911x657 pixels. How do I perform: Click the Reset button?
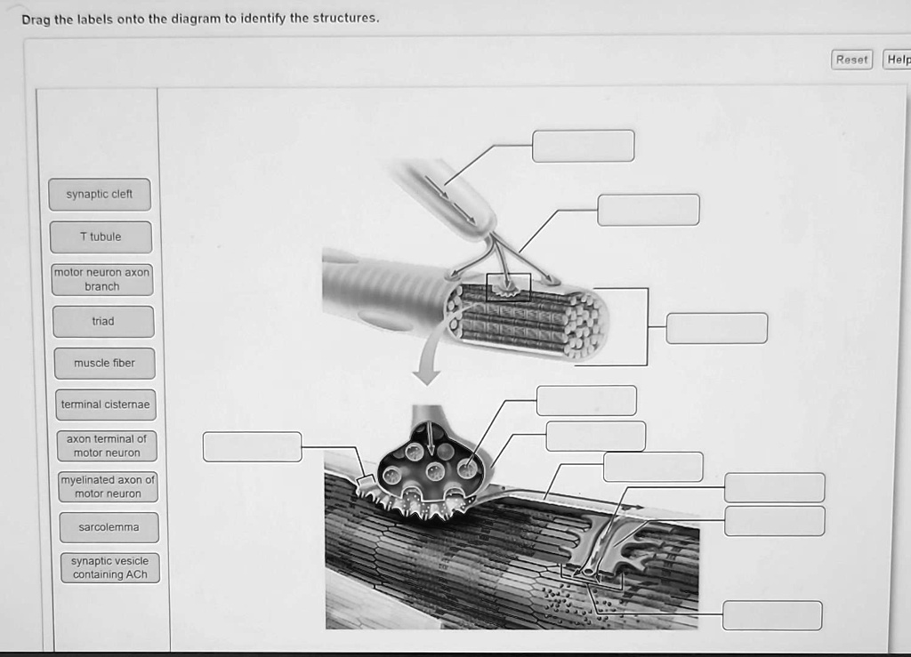click(851, 60)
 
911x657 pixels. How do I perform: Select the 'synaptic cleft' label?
click(100, 195)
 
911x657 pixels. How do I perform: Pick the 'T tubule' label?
click(101, 237)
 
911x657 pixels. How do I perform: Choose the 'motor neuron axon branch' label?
click(102, 279)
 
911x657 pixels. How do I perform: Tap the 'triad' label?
click(103, 321)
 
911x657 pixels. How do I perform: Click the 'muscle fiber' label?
click(104, 363)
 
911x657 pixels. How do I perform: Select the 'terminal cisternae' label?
click(106, 405)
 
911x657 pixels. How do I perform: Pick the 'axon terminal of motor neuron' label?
click(107, 445)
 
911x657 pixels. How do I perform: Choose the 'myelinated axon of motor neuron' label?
click(108, 486)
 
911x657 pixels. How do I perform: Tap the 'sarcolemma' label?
click(109, 527)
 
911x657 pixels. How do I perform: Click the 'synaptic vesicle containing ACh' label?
click(110, 568)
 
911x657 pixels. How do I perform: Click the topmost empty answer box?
click(583, 146)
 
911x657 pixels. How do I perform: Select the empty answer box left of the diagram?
click(252, 446)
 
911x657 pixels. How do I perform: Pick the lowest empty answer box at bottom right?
click(771, 615)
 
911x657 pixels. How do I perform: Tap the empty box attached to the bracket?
click(716, 328)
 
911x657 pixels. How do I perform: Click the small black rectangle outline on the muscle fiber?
click(508, 287)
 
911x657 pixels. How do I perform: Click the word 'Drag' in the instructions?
click(36, 19)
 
